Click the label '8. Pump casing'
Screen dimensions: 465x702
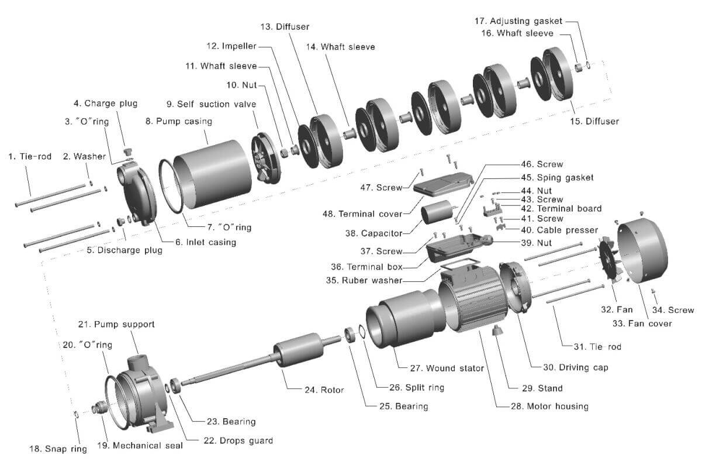[178, 122]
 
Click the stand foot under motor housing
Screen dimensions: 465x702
[497, 332]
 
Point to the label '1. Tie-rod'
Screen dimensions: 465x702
[30, 156]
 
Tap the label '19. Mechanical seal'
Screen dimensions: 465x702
[139, 445]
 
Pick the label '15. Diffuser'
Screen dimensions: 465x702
[595, 121]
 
